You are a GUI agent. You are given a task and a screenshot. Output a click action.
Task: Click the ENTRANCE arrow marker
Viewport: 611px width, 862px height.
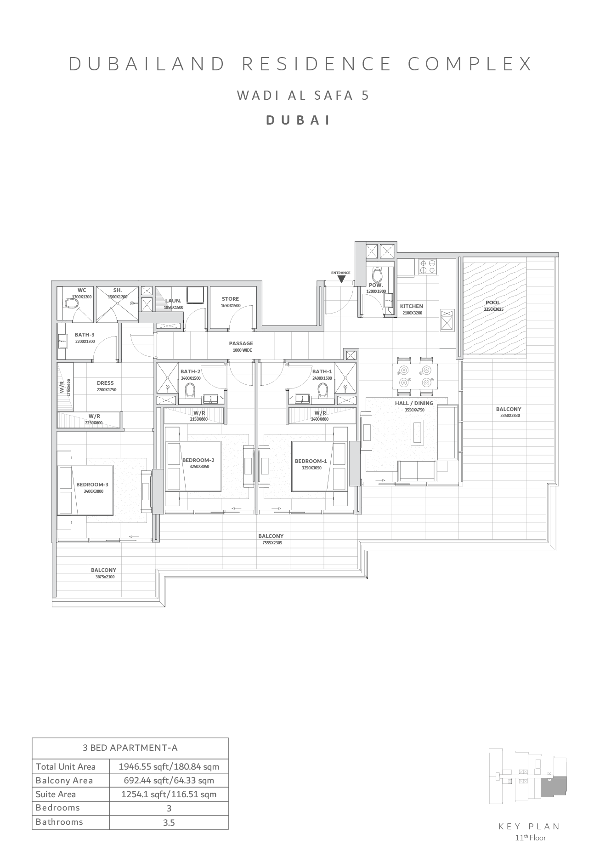coord(341,278)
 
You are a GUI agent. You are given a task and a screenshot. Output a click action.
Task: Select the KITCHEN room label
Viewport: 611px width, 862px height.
coord(411,306)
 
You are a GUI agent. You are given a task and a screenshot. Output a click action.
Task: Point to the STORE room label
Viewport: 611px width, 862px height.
coord(230,299)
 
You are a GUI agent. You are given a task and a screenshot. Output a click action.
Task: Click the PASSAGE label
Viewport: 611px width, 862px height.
coord(241,343)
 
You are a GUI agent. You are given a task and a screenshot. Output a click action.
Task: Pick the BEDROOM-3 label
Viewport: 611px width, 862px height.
coord(92,485)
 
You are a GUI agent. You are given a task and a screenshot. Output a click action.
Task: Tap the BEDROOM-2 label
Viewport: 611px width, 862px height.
coord(198,461)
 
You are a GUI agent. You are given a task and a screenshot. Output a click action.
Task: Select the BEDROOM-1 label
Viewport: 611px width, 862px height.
coord(311,461)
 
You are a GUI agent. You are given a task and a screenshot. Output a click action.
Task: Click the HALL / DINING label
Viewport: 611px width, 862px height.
coord(414,403)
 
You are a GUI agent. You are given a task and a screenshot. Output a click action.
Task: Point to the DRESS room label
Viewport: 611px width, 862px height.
coord(105,383)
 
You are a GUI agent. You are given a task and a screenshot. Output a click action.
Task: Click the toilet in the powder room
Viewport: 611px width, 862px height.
coord(378,276)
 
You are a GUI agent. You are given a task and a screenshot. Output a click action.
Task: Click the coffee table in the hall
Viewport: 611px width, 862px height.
coord(417,432)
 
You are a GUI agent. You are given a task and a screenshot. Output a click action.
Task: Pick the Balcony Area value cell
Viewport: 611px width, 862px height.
coord(169,780)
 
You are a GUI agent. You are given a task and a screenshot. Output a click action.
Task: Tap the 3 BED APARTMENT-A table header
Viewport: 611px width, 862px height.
coord(130,748)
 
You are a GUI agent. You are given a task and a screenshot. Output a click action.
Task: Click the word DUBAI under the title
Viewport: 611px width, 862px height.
coord(299,120)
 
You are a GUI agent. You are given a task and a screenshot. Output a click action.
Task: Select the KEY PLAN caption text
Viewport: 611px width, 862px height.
coord(529,827)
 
